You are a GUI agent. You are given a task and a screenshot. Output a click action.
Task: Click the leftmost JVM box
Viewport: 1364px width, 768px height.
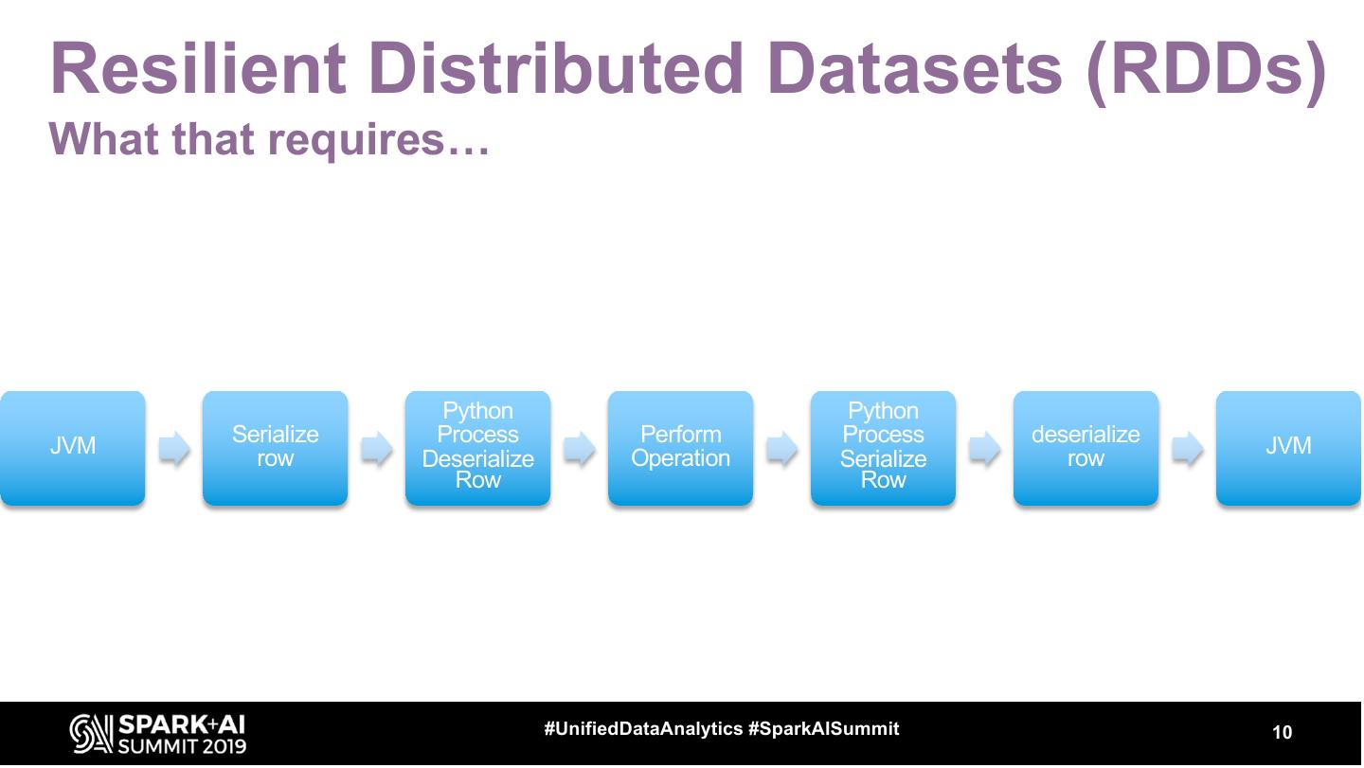click(x=73, y=447)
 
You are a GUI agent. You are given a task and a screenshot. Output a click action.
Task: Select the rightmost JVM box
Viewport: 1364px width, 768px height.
click(x=1288, y=447)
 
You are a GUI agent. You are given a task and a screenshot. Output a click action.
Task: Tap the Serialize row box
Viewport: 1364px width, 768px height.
click(x=275, y=447)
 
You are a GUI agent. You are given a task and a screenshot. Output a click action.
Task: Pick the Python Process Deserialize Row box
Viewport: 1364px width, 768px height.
click(x=477, y=447)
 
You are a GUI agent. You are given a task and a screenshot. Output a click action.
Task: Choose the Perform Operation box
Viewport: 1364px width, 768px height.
click(x=680, y=447)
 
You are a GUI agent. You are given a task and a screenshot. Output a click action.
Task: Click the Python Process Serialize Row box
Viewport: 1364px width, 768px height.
click(x=883, y=447)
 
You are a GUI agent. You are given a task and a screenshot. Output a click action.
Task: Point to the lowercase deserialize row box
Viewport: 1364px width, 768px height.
click(x=1086, y=447)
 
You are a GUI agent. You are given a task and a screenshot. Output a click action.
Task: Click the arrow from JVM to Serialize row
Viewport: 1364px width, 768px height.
click(x=174, y=448)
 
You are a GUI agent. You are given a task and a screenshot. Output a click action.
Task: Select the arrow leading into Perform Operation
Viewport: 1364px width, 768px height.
click(x=580, y=448)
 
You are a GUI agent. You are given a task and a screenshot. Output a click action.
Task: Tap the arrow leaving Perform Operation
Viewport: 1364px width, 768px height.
click(x=782, y=448)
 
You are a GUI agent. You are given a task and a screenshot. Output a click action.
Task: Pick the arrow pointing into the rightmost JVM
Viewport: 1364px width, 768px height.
click(x=1188, y=448)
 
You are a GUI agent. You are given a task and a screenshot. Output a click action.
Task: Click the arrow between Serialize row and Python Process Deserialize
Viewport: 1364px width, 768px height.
click(x=377, y=448)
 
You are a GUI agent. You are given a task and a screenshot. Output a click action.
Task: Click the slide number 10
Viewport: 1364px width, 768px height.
click(x=1282, y=732)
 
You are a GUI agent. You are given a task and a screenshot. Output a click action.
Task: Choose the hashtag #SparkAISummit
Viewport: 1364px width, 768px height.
click(x=823, y=729)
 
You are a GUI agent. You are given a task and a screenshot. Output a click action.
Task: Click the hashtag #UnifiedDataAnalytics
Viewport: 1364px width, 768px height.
click(x=643, y=729)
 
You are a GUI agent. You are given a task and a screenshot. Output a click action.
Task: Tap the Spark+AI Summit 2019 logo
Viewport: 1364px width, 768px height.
click(x=158, y=734)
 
